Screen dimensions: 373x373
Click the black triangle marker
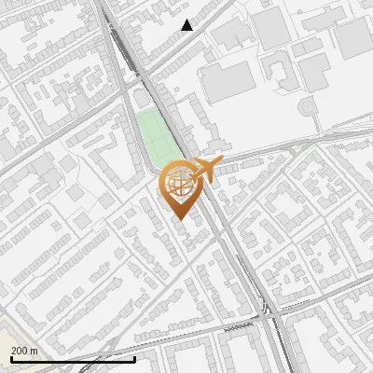click(187, 25)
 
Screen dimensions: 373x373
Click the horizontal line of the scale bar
click(73, 359)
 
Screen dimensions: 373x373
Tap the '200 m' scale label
click(25, 351)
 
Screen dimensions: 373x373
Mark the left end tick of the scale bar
click(11, 358)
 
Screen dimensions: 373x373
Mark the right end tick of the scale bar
click(135, 358)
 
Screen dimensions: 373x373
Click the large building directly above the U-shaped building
click(271, 28)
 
